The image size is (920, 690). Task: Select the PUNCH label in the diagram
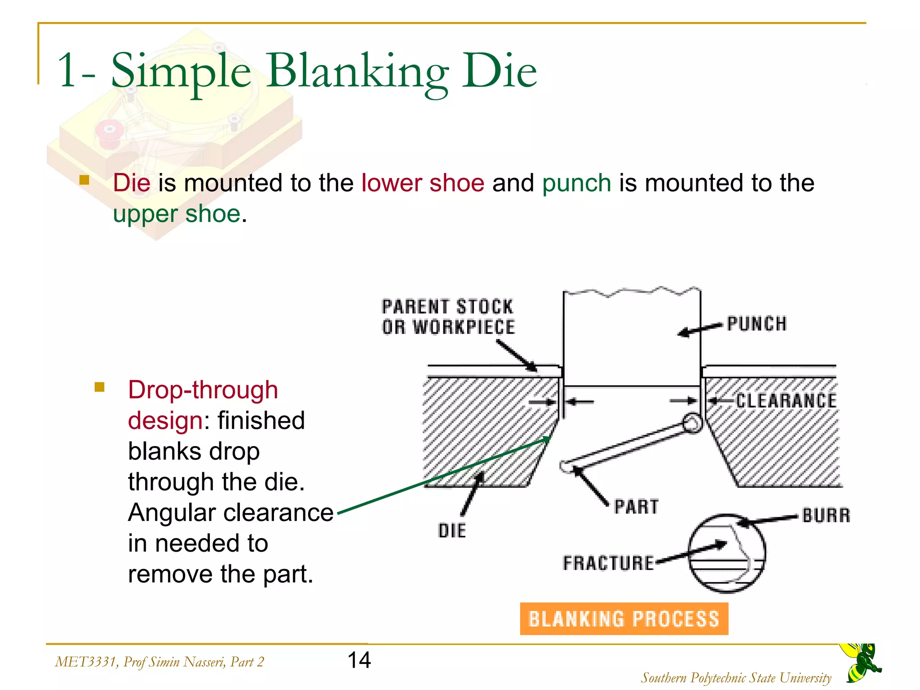point(757,324)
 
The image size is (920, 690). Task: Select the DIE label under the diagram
point(452,531)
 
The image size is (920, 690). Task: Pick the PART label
point(637,507)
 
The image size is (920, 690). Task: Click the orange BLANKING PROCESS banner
point(624,619)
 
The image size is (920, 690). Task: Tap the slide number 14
point(359,660)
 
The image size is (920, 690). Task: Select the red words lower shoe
point(423,183)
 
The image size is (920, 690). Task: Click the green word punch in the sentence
point(576,183)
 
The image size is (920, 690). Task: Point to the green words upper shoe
point(177,214)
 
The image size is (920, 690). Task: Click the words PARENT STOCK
point(447,307)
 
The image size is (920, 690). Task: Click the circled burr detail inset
point(726,553)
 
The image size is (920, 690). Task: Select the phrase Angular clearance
point(230,513)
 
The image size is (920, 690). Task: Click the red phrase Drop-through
point(203,390)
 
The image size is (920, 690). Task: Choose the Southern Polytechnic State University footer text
point(736,677)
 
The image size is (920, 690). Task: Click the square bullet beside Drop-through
point(100,387)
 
